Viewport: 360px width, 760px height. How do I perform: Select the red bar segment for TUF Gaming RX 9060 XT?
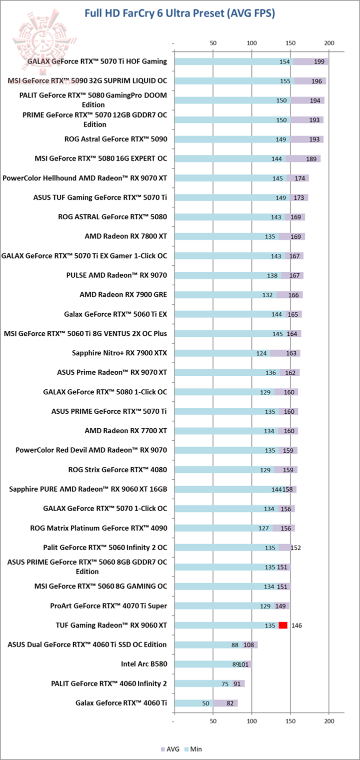point(283,625)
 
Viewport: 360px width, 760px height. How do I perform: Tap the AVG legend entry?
point(169,749)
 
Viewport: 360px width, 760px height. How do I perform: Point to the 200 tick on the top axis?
point(329,43)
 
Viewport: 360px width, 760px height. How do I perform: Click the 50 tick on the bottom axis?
point(213,722)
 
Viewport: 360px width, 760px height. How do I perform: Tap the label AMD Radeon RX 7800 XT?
point(126,236)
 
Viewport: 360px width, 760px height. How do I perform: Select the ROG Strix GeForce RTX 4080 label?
point(117,469)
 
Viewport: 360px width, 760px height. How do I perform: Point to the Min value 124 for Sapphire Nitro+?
point(261,353)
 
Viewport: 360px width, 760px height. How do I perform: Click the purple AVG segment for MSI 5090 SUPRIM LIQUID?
point(310,81)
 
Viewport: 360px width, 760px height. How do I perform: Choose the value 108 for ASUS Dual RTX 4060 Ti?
point(249,645)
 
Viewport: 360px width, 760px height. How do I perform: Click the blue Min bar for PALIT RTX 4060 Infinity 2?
point(200,684)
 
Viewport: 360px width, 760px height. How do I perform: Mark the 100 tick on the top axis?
point(251,43)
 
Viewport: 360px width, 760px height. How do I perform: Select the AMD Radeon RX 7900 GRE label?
point(123,295)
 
